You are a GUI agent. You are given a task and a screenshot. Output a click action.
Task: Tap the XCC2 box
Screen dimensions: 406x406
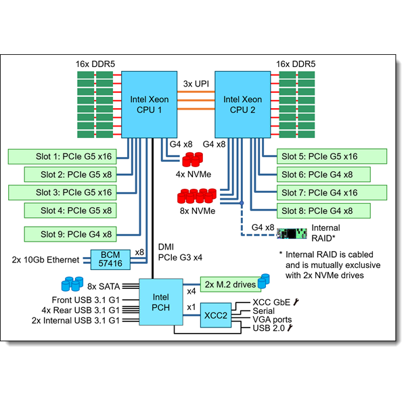[x=215, y=315]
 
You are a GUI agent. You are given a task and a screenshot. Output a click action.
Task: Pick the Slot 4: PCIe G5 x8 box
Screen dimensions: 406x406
[x=68, y=210]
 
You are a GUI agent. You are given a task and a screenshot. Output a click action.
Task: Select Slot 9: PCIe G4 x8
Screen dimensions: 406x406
[x=68, y=234]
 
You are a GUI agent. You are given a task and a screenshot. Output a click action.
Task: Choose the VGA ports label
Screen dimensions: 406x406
[x=272, y=319]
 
